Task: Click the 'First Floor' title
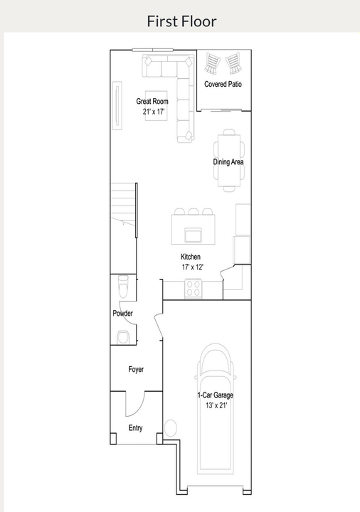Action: pos(181,21)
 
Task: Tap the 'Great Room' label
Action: pos(152,102)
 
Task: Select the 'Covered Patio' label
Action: pos(223,84)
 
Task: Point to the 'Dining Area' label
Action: pos(228,162)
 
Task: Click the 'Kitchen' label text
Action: pos(191,257)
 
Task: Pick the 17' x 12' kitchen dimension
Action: pos(193,267)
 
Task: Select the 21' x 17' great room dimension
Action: pos(153,112)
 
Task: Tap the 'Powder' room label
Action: pos(123,314)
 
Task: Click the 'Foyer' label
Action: pos(136,370)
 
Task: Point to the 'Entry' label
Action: pos(135,428)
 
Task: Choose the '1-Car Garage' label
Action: pos(215,395)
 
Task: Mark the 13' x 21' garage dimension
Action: pos(216,405)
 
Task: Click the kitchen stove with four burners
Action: pos(194,289)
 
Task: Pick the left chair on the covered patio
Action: pos(212,65)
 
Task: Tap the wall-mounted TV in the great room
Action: pos(117,106)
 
